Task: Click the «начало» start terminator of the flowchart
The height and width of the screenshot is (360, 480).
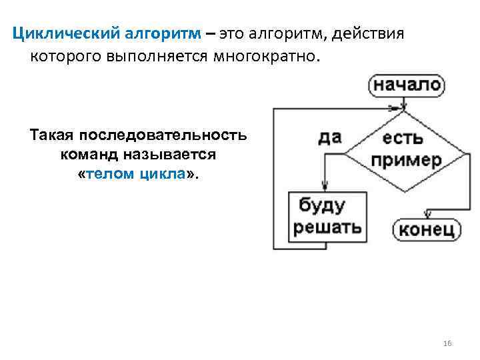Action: pos(406,85)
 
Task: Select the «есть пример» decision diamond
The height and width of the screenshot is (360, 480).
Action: pos(406,149)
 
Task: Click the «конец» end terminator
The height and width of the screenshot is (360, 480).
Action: pos(427,230)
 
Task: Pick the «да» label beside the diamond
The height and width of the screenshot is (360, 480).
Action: pos(329,137)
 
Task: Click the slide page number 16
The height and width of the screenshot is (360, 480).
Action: pos(447,343)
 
